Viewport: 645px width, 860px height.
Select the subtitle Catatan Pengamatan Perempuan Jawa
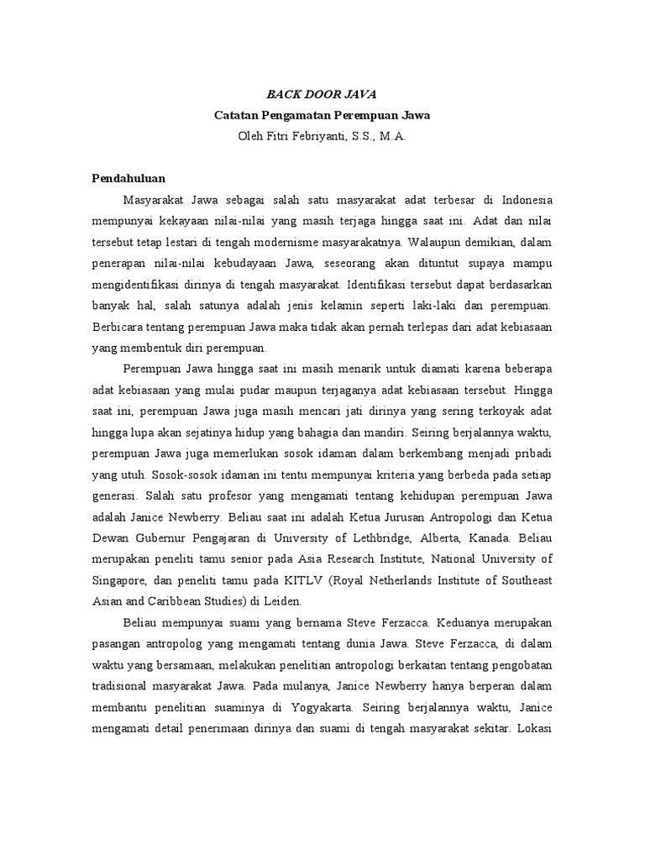pos(322,114)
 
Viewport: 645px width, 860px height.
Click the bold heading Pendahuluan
pos(128,178)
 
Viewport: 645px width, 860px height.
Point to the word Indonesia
pos(528,201)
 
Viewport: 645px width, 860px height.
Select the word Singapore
pos(122,579)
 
